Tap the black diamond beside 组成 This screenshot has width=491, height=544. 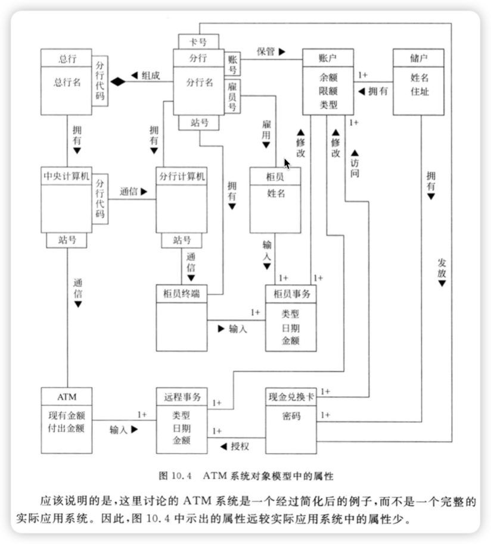click(x=118, y=81)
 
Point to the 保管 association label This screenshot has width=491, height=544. click(x=266, y=51)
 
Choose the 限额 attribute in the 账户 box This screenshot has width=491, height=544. click(x=328, y=91)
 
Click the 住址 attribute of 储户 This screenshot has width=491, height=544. click(x=419, y=91)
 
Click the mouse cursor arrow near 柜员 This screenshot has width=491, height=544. click(x=287, y=163)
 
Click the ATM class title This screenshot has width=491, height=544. click(x=67, y=395)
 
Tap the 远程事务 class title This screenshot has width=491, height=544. click(x=181, y=395)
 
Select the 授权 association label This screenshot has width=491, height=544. click(x=238, y=445)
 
